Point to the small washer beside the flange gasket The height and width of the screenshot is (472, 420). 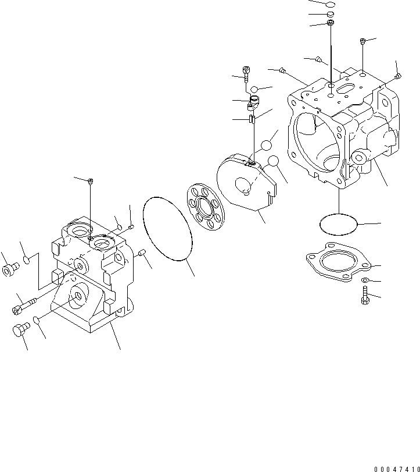364,281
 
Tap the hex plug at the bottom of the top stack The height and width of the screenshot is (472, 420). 330,23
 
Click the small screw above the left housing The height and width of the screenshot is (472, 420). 91,182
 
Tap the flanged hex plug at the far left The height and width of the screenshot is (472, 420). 10,270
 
